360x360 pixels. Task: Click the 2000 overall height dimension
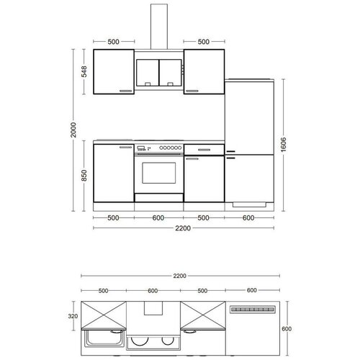[73, 130]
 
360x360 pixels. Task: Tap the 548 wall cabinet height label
[84, 71]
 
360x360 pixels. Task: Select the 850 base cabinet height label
[84, 176]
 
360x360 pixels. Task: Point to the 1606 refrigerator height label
[284, 145]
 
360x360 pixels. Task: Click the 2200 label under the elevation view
[183, 228]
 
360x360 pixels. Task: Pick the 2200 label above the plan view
[180, 276]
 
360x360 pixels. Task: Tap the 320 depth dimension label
[73, 316]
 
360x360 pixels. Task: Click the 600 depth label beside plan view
[287, 328]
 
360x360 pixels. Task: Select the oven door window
[159, 173]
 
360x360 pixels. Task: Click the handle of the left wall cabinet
[126, 91]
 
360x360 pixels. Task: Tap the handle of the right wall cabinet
[192, 91]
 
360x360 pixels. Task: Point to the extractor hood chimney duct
[159, 27]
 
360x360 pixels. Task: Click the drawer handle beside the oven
[204, 150]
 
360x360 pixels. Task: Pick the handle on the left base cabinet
[126, 147]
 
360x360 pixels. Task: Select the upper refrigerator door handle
[230, 151]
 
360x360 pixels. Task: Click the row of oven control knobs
[170, 148]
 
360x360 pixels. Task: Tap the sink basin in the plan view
[104, 338]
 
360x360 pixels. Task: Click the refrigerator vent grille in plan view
[253, 310]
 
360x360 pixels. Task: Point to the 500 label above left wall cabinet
[113, 42]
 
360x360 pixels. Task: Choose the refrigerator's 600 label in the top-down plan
[252, 290]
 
